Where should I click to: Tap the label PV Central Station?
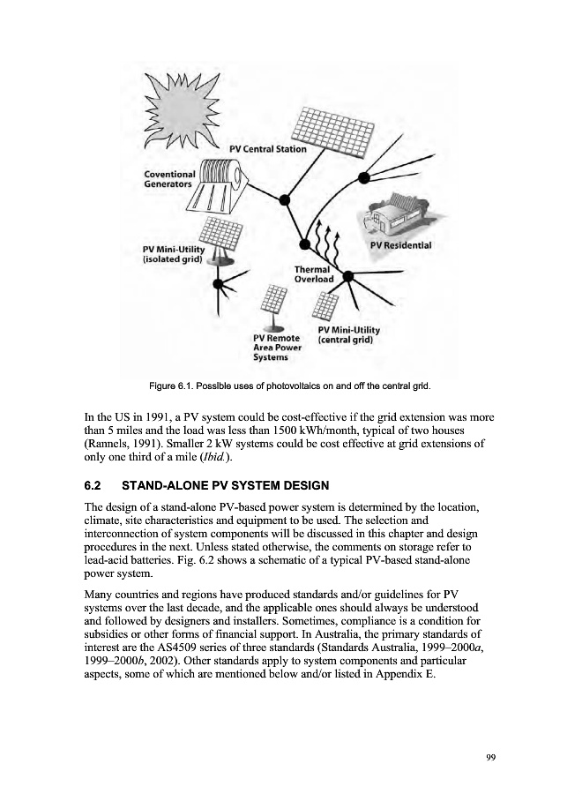click(267, 149)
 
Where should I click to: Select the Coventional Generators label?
click(169, 179)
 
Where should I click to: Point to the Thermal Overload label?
click(314, 274)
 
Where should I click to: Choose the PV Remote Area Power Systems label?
click(277, 348)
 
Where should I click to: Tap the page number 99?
click(490, 756)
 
